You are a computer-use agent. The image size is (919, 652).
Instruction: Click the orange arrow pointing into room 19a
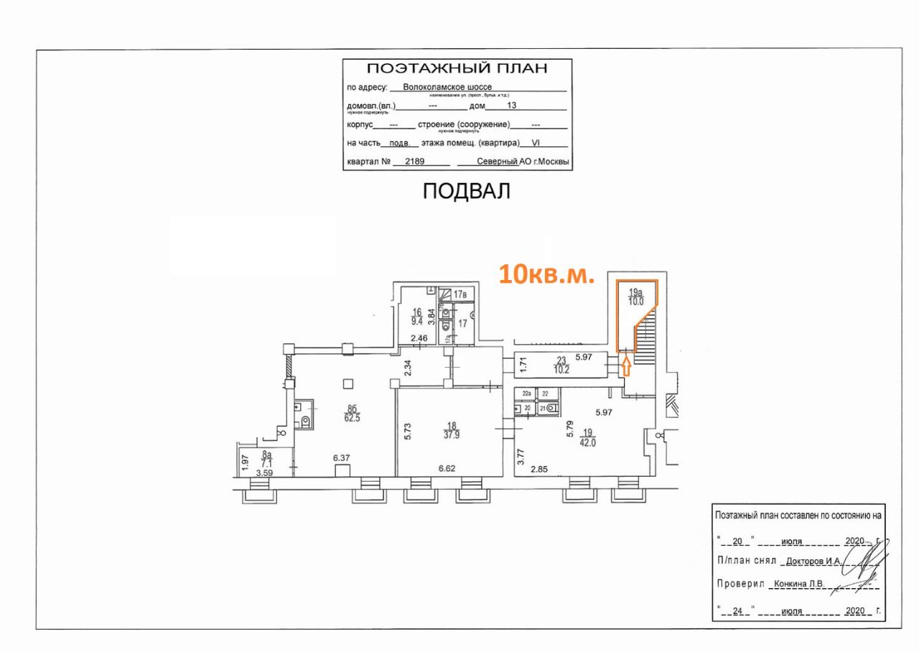pos(625,367)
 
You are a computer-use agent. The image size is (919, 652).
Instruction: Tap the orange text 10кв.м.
pos(547,274)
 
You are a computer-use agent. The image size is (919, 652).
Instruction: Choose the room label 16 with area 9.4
pos(416,317)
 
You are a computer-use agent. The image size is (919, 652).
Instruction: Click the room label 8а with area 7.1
pos(267,460)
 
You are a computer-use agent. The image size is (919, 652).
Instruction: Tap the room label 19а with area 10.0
pos(635,297)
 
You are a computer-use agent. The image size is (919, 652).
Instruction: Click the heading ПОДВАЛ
pos(466,191)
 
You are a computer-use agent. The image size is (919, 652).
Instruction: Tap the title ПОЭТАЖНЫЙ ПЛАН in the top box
pos(457,69)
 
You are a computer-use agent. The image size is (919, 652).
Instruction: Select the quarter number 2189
pos(415,162)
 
